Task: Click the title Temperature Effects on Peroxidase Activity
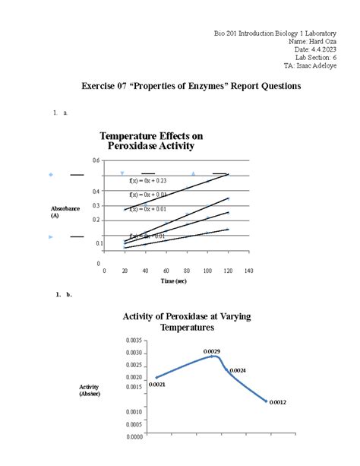[x=151, y=141]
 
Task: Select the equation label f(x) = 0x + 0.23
[x=148, y=180]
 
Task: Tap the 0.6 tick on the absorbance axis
[x=95, y=160]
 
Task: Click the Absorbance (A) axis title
[x=65, y=212]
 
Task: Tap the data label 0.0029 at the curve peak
[x=212, y=350]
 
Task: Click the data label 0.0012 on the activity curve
[x=277, y=402]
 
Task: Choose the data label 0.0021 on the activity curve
[x=157, y=385]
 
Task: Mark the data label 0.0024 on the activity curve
[x=238, y=369]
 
